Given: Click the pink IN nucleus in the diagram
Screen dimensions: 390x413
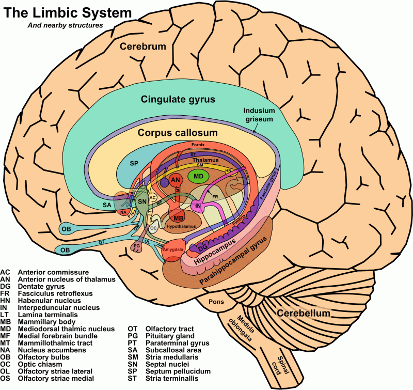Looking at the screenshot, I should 198,206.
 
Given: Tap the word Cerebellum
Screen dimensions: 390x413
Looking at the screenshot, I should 303,314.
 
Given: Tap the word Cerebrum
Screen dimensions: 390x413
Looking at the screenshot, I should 143,47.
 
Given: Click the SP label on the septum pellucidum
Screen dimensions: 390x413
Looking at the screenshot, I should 134,163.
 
